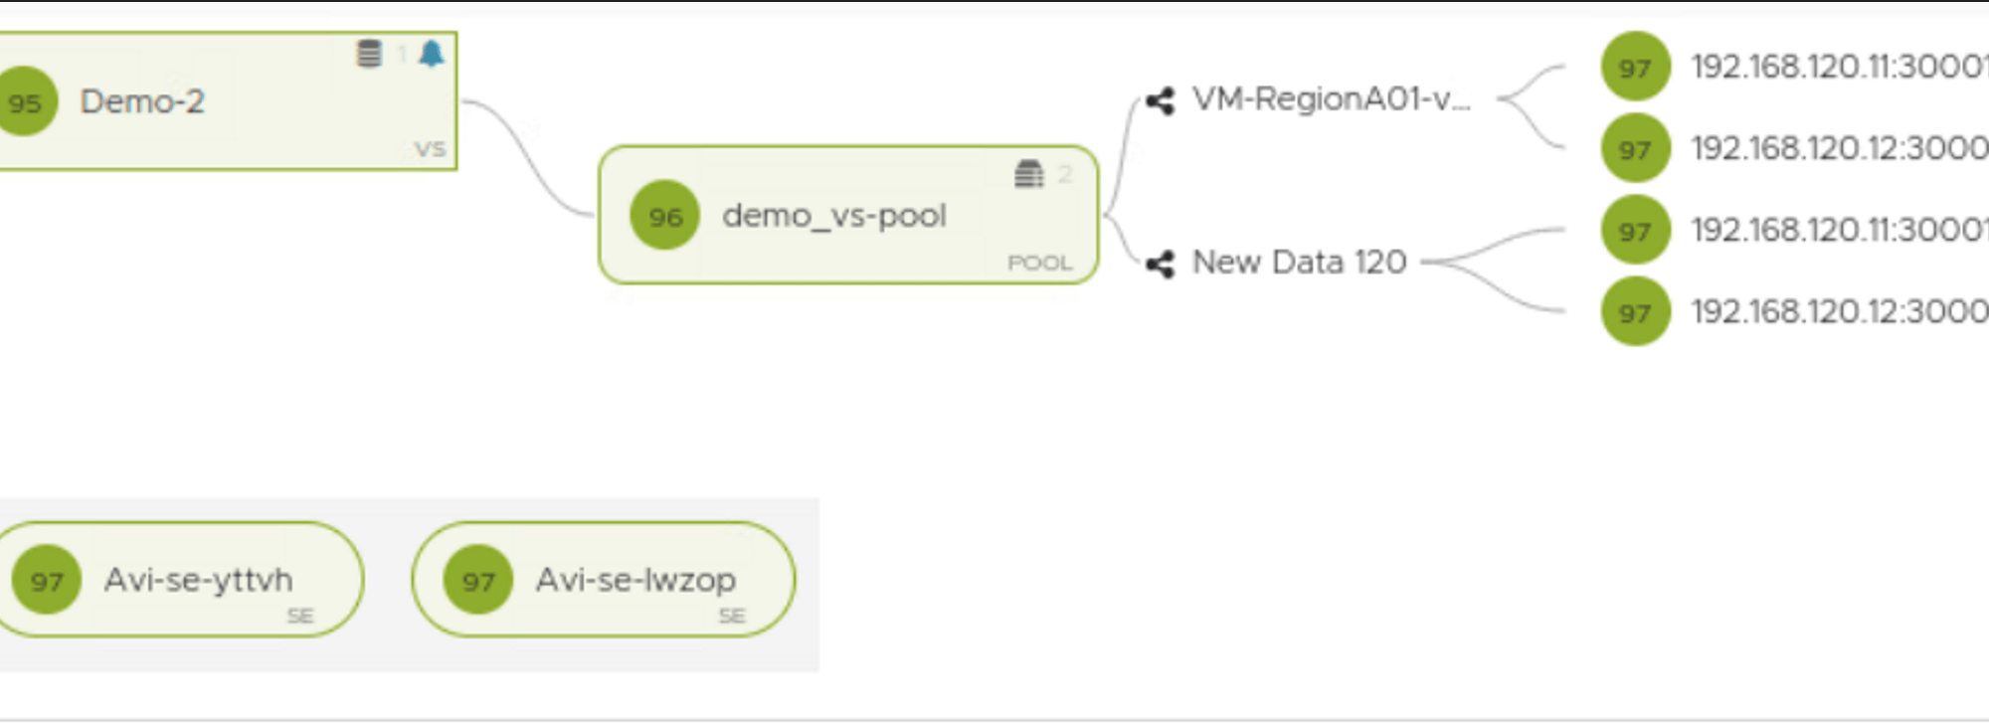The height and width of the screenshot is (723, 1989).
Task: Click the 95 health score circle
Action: tap(26, 101)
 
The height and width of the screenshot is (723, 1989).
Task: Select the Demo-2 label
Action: tap(142, 101)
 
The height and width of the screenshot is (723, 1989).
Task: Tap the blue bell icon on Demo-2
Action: tap(432, 53)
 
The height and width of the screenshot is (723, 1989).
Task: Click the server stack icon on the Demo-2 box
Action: tap(369, 53)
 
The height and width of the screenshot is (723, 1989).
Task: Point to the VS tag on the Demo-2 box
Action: tap(430, 149)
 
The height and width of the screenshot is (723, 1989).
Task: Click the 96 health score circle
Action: tap(665, 215)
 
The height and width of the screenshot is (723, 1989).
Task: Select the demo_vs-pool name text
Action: tap(833, 215)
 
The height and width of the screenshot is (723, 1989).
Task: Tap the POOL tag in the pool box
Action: tap(1039, 263)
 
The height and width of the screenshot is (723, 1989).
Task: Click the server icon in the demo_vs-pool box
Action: tap(1028, 174)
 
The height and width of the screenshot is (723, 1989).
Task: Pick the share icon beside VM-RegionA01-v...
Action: tap(1160, 100)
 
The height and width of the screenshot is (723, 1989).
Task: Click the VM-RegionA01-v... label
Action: tap(1331, 98)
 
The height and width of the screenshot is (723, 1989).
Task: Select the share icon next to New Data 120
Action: tap(1160, 264)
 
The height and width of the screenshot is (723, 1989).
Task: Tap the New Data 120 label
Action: tap(1299, 262)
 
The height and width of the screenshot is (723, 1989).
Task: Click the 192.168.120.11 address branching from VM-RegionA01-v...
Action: tap(1839, 67)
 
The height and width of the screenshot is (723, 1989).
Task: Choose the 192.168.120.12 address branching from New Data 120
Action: tap(1839, 311)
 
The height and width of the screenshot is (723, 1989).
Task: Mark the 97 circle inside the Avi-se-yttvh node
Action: tap(47, 580)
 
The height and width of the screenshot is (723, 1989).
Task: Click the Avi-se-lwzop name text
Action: tap(635, 579)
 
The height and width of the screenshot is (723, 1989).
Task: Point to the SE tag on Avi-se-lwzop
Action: tap(732, 616)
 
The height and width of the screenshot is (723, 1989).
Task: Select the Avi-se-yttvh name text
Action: tap(198, 579)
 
